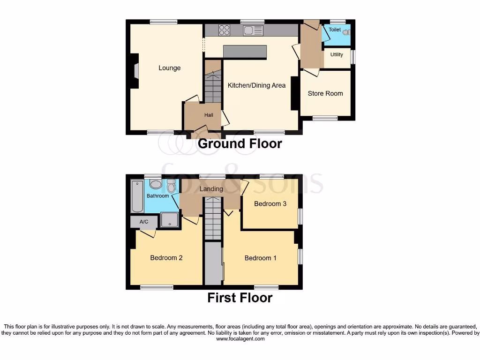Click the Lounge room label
click(169, 68)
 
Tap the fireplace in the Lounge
click(135, 71)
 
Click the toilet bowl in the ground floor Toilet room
click(346, 32)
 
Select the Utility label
click(337, 55)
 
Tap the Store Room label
click(325, 93)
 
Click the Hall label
click(209, 115)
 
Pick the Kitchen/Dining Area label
click(256, 85)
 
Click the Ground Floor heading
click(240, 143)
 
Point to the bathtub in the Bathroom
click(137, 196)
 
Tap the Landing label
click(211, 189)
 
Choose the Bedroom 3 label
click(270, 203)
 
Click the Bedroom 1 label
click(261, 258)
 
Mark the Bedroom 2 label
click(166, 258)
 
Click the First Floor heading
click(240, 298)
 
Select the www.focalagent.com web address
click(240, 339)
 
